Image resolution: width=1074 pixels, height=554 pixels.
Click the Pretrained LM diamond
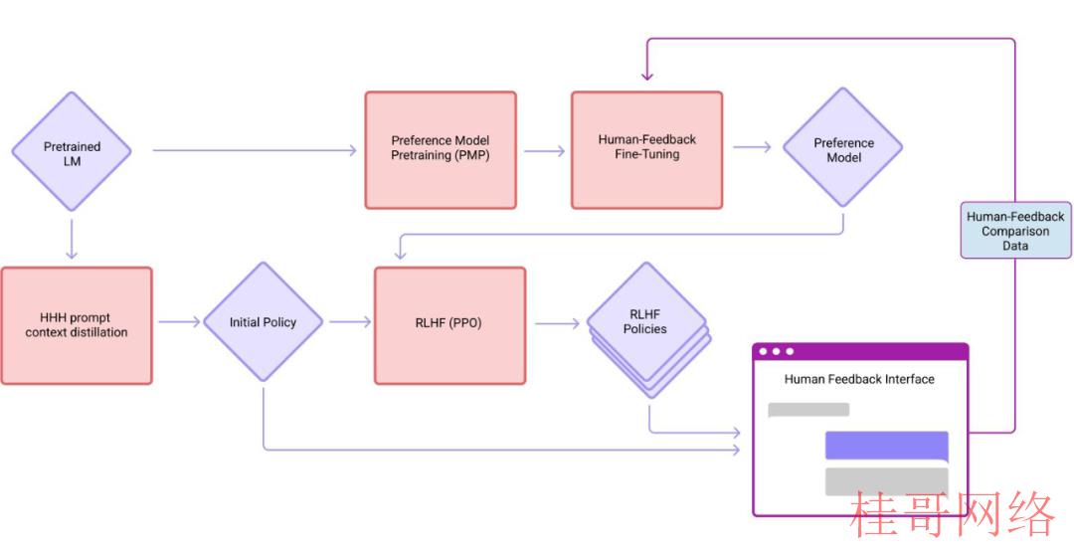tap(72, 151)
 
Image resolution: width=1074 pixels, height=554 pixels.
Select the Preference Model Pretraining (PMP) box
tap(441, 150)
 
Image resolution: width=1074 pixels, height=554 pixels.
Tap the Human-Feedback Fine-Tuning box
tap(646, 150)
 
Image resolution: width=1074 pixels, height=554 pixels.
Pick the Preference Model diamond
tap(843, 147)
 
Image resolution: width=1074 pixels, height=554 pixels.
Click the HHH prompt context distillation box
tap(77, 325)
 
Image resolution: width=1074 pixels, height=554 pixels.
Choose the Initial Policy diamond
tap(263, 322)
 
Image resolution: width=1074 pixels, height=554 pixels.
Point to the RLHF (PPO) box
tap(450, 325)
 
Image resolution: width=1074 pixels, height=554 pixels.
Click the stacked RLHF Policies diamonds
tap(647, 329)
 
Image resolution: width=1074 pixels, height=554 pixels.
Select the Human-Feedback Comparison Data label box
tap(1015, 230)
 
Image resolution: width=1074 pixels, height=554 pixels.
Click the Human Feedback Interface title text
tap(859, 379)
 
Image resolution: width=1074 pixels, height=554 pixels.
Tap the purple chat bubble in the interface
tap(887, 446)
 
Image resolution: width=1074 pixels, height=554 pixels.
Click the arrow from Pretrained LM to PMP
tap(255, 150)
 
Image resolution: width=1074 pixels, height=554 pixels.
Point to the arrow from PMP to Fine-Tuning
tap(545, 150)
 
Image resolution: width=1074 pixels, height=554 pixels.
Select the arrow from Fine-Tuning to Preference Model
tap(752, 146)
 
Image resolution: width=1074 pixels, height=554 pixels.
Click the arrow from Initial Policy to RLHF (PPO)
tap(350, 322)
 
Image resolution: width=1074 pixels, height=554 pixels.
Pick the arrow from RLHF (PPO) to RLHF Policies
tap(558, 322)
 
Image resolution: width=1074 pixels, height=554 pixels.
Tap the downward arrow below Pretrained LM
tap(72, 239)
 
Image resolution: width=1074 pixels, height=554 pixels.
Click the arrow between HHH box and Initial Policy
tap(179, 322)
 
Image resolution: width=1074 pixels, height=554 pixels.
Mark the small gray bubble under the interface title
tap(808, 410)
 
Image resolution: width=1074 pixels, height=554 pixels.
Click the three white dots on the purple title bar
tap(776, 351)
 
